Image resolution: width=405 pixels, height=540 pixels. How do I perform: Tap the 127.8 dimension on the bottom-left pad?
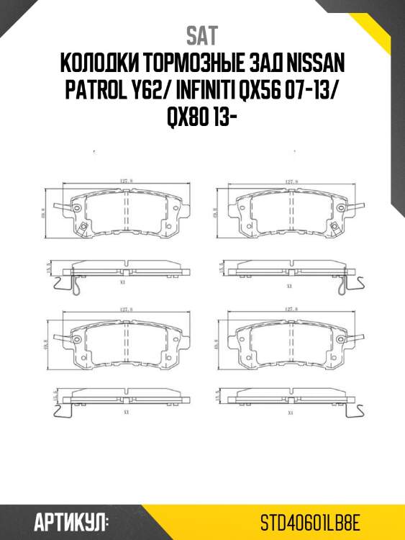pyautogui.click(x=127, y=309)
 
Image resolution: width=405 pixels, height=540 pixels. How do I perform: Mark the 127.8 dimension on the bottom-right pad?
pyautogui.click(x=291, y=309)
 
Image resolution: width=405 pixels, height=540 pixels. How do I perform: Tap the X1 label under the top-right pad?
pyautogui.click(x=289, y=286)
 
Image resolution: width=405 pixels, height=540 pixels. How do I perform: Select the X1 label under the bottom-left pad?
pyautogui.click(x=125, y=413)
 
